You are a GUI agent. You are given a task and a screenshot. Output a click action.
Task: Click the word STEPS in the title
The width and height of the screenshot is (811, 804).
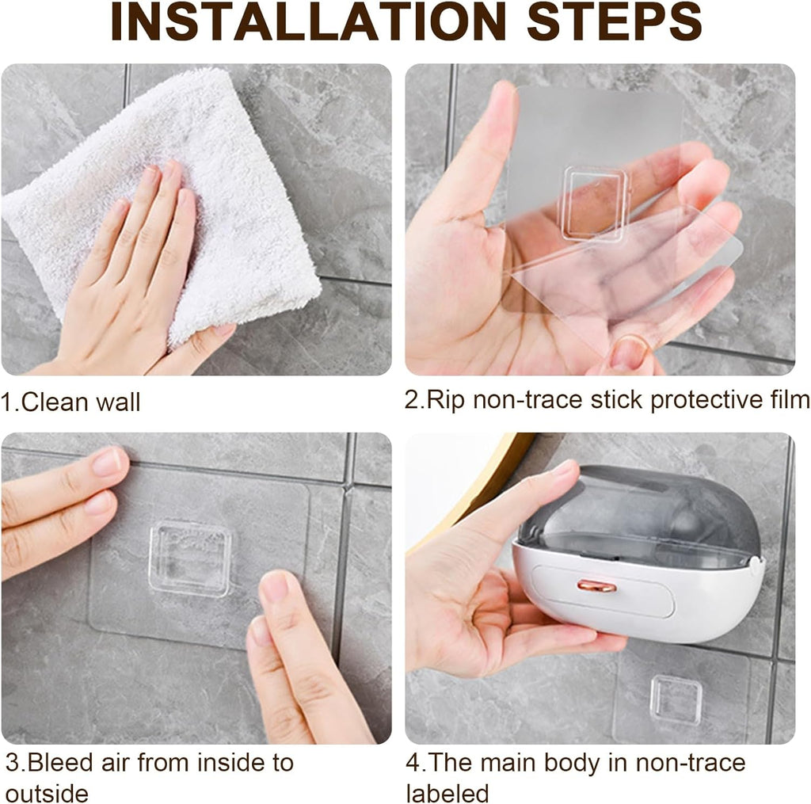click(614, 21)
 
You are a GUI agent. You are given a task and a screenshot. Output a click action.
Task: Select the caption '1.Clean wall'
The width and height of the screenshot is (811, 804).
click(71, 402)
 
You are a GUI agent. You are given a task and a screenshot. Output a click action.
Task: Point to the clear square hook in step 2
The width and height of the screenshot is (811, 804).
click(594, 202)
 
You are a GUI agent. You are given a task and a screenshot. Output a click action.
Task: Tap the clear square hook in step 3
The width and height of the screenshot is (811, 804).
click(190, 557)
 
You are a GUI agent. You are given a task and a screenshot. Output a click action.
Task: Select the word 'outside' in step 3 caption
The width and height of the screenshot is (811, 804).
click(47, 793)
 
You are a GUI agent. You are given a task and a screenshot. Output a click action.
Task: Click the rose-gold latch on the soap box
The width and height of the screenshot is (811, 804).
click(596, 585)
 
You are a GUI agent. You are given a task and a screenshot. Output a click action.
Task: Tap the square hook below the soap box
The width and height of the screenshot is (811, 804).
click(676, 699)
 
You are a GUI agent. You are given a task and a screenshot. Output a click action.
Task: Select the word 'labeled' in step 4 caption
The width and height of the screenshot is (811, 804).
click(447, 793)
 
